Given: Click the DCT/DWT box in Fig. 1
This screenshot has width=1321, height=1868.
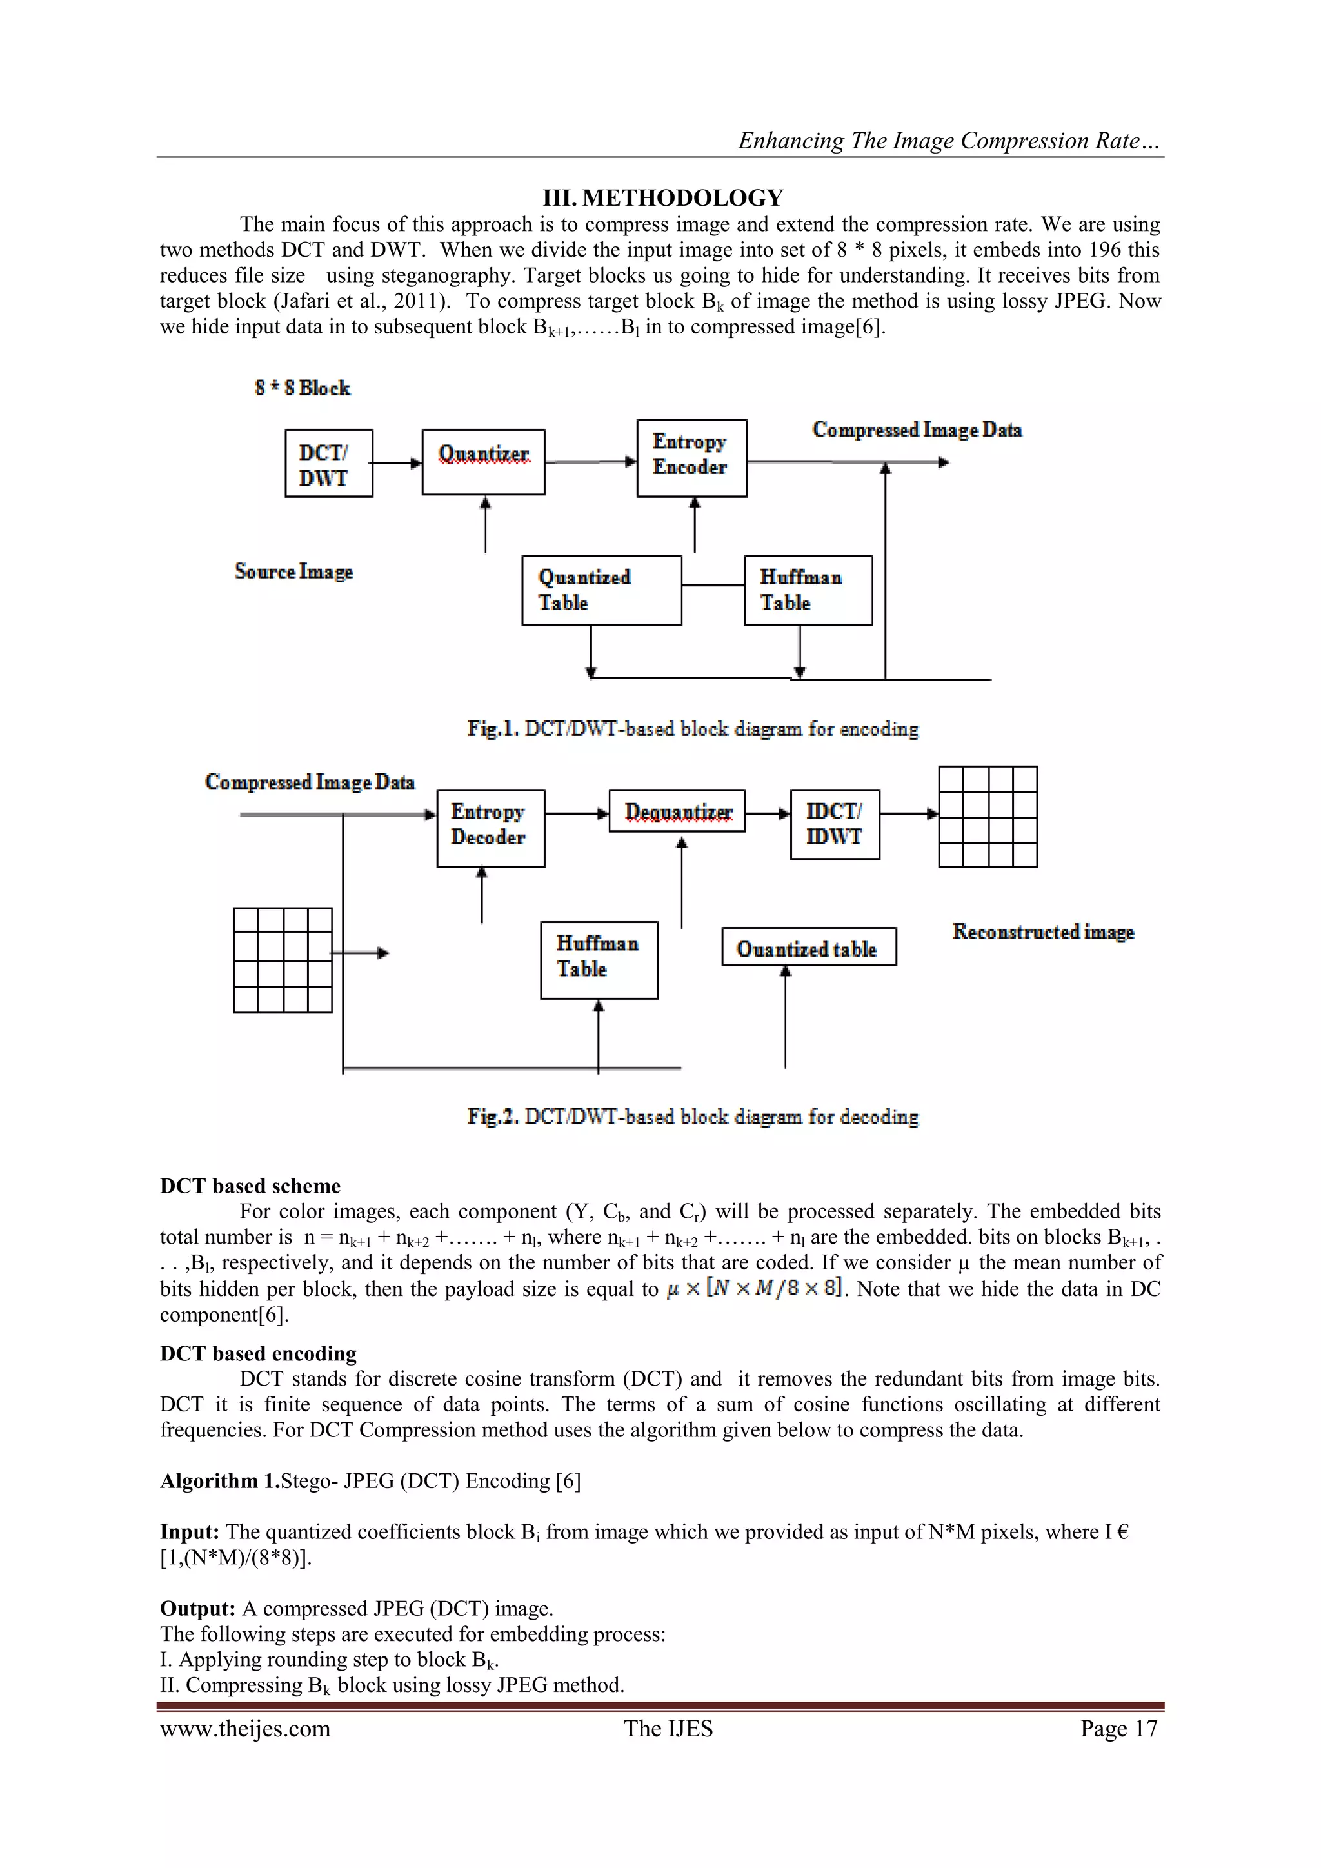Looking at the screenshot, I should [328, 464].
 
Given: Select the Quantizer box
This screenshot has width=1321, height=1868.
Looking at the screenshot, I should [483, 462].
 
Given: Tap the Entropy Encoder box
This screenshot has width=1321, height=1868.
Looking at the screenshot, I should [691, 458].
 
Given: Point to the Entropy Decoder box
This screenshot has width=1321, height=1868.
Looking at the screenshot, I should [490, 828].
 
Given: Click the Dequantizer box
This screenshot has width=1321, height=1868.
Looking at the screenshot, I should [677, 811].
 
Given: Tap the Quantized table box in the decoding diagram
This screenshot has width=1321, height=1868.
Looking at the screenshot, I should [809, 947].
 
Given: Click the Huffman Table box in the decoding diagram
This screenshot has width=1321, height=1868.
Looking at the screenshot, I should [599, 960].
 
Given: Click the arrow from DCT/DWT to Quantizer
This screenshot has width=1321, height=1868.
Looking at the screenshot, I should [397, 464].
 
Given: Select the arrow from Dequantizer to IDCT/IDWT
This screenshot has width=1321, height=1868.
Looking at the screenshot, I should [767, 813].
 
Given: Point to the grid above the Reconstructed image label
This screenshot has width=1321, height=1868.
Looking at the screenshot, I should [988, 817].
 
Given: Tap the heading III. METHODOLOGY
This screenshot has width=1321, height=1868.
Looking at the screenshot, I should [663, 198].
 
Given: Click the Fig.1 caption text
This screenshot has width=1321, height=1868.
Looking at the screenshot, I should [692, 729].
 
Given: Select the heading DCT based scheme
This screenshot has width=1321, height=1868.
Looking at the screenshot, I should [250, 1186].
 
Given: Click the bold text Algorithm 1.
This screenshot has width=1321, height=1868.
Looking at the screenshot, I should [219, 1481].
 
